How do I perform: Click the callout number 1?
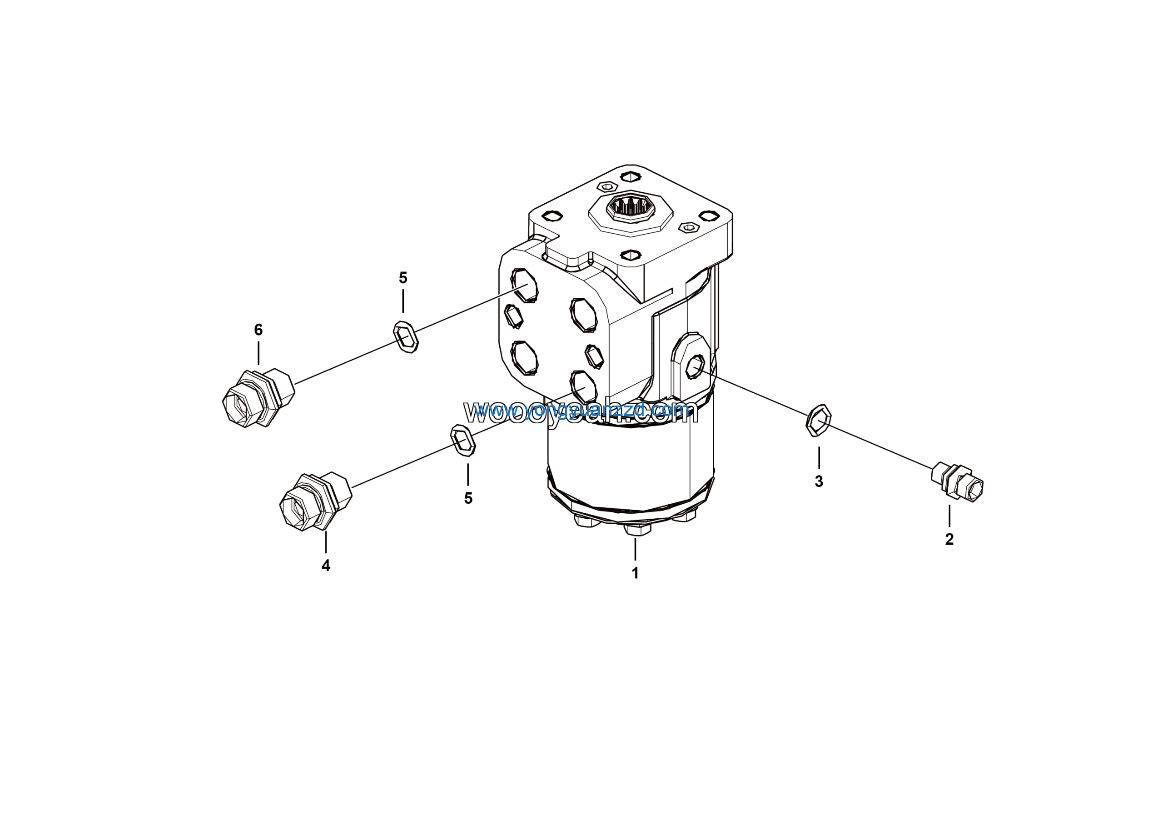point(635,573)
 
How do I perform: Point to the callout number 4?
point(326,566)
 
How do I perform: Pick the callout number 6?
point(258,330)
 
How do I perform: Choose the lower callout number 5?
point(468,498)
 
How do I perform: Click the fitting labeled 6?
point(258,398)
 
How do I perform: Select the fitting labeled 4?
point(316,502)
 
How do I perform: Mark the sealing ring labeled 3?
point(819,420)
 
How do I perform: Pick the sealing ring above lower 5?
point(463,441)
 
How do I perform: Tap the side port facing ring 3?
point(695,366)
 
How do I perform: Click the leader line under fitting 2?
point(949,516)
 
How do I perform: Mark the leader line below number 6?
point(258,353)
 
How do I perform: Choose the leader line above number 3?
point(819,458)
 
